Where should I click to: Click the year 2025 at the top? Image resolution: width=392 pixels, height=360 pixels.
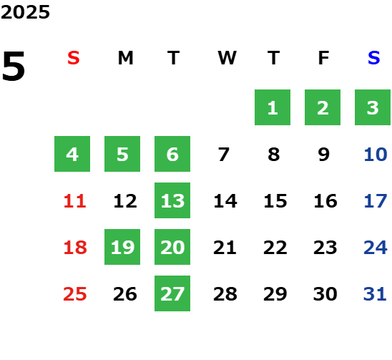(x=25, y=12)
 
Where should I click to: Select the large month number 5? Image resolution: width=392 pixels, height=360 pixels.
(x=14, y=66)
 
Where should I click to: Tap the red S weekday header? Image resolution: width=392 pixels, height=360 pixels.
(x=74, y=58)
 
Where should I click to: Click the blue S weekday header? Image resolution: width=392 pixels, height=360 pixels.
(x=374, y=58)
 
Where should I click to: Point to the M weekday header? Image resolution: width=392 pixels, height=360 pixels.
(x=125, y=58)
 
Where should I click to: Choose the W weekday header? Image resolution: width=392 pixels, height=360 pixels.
(x=227, y=58)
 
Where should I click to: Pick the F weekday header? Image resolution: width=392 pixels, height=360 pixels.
(x=324, y=58)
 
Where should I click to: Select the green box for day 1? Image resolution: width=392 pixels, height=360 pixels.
(x=273, y=107)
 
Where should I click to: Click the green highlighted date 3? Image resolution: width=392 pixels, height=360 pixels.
(x=373, y=107)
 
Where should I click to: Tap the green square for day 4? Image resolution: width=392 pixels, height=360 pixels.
(x=72, y=154)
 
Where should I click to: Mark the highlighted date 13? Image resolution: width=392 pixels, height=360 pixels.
(x=172, y=200)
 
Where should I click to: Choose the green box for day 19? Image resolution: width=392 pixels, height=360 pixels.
(x=122, y=247)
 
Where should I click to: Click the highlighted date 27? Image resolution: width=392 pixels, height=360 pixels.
(x=172, y=293)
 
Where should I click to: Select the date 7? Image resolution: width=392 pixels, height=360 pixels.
(x=224, y=155)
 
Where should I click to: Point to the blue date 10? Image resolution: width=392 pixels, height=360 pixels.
(x=376, y=155)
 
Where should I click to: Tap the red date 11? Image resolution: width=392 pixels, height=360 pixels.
(x=75, y=201)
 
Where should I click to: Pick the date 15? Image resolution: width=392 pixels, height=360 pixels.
(x=275, y=201)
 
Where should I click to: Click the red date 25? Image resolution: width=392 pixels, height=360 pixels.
(x=75, y=294)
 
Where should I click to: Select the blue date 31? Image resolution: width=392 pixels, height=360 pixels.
(x=375, y=294)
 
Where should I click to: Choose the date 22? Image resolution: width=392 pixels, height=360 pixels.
(x=275, y=248)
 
